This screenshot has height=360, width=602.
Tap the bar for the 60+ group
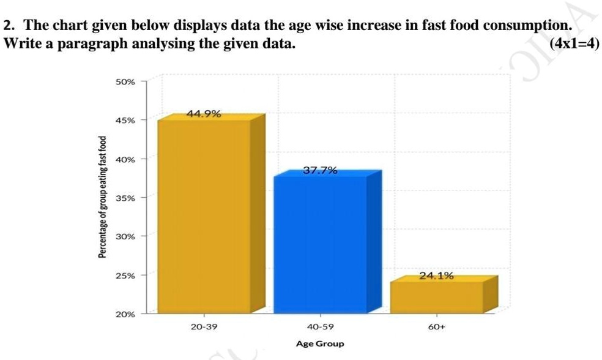click(x=436, y=296)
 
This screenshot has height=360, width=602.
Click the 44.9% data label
click(x=204, y=114)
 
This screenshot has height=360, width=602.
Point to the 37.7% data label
click(x=320, y=171)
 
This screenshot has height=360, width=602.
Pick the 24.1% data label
click(x=436, y=276)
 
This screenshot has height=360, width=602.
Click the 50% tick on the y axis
click(x=125, y=81)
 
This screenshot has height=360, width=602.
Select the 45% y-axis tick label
click(x=125, y=120)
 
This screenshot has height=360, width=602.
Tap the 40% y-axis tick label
click(x=125, y=159)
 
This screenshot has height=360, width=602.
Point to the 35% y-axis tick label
click(x=125, y=198)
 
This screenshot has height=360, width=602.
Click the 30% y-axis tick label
click(x=125, y=236)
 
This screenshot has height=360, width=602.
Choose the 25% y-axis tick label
click(x=125, y=276)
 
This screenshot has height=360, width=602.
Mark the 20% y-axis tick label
click(x=125, y=314)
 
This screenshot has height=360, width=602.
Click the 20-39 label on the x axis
click(x=204, y=328)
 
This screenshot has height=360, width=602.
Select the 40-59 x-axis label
click(x=320, y=328)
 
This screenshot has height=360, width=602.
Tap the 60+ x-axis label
click(x=436, y=328)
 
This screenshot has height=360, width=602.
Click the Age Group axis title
click(x=320, y=343)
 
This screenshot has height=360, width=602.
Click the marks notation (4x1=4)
click(x=574, y=44)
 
